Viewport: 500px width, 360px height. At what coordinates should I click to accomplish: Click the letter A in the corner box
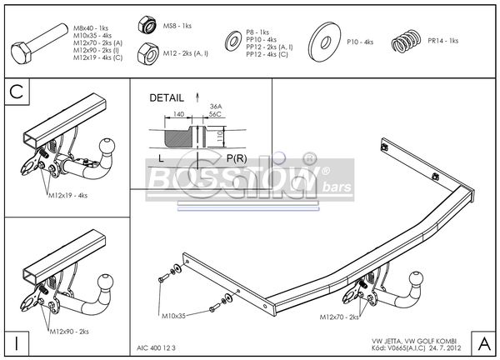(484, 342)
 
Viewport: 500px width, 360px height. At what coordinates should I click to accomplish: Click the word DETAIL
(167, 97)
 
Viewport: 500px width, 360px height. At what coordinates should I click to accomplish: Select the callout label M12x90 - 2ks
(71, 332)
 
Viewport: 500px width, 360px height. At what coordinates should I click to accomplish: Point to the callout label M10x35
(173, 317)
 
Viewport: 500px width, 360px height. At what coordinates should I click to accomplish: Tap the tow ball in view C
(108, 147)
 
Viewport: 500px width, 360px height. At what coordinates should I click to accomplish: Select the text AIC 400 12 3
(157, 347)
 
